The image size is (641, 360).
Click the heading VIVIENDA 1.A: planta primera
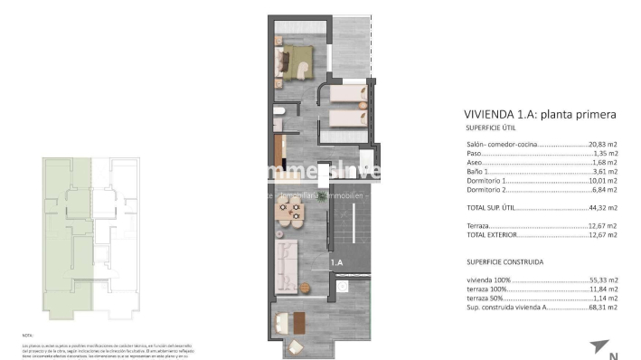pos(540,115)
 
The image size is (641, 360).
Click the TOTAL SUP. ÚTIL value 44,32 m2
pos(599,207)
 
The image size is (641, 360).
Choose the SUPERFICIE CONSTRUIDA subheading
pos(504,262)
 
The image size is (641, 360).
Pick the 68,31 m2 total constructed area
pos(599,308)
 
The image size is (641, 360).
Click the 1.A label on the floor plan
pos(336,262)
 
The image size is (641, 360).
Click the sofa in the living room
pos(287,264)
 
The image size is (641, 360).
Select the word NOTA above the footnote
pos(27,334)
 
